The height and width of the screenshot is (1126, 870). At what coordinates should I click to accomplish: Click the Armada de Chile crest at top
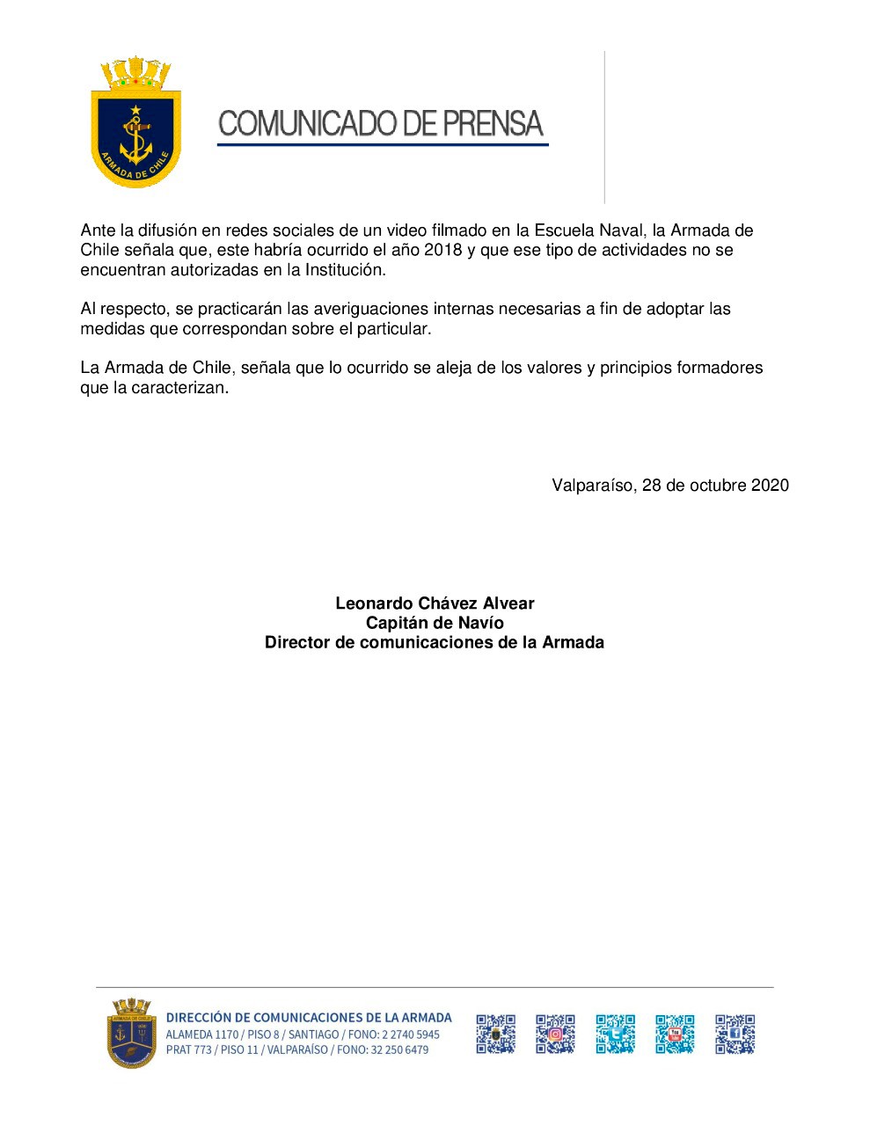[136, 123]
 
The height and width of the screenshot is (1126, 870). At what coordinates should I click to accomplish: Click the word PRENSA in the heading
[493, 124]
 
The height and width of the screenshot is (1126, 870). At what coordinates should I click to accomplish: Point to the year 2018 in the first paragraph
[442, 251]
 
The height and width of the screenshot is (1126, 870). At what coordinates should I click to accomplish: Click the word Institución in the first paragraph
[345, 270]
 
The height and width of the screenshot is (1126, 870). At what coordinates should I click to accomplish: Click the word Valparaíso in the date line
[592, 486]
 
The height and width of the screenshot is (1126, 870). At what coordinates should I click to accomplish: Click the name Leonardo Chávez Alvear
[435, 603]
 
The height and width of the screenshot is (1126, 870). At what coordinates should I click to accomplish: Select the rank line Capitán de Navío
[435, 623]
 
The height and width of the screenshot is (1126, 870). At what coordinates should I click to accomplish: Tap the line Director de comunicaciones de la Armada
[435, 643]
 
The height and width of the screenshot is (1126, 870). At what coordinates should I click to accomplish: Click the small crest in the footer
[130, 1034]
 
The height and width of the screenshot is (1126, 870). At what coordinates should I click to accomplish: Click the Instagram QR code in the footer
[555, 1035]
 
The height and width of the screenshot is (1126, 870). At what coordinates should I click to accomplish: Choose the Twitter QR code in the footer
[615, 1035]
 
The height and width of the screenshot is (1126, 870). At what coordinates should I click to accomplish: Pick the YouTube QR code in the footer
[675, 1035]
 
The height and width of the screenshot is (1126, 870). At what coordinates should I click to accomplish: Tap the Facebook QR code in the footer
[735, 1035]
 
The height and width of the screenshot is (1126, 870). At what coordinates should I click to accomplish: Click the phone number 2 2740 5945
[410, 1035]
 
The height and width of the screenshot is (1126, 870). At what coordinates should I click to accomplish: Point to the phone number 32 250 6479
[399, 1050]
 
